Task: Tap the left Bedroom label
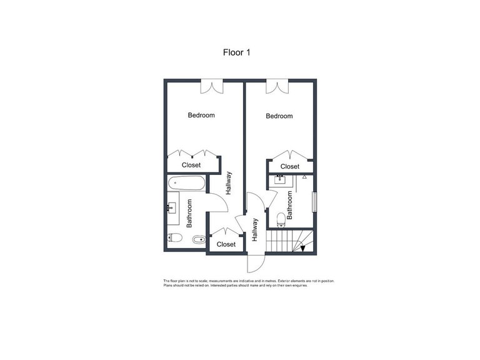[201, 115]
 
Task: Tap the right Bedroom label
[279, 116]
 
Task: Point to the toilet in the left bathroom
[175, 237]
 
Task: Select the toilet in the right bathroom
[280, 217]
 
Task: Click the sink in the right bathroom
[279, 181]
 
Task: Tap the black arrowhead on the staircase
[303, 248]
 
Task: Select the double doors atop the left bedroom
[212, 86]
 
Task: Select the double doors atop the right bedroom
[276, 86]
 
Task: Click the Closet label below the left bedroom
[191, 165]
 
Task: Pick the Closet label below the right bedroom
[289, 166]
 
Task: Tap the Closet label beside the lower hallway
[226, 244]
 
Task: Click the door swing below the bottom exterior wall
[255, 263]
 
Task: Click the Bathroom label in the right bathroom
[290, 204]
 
